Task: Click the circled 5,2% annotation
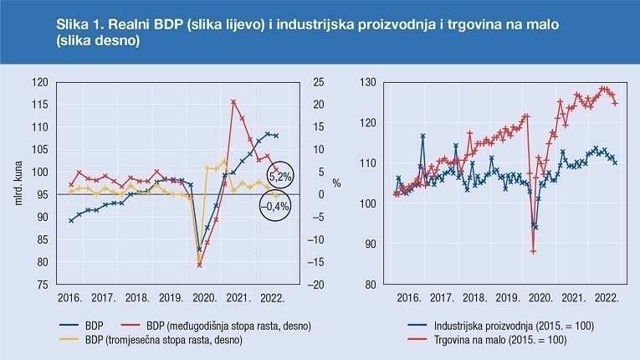280,175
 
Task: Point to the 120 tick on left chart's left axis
39,82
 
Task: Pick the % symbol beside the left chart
335,183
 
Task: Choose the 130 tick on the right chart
366,82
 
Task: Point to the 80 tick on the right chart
368,285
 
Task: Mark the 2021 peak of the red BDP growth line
233,101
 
